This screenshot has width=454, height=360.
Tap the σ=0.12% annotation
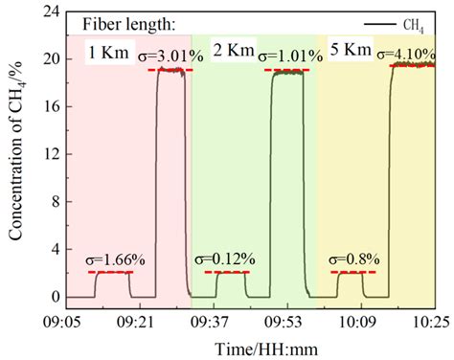coord(223,259)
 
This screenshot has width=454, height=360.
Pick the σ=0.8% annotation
coord(354,259)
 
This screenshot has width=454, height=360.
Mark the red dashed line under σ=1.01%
coord(287,70)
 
